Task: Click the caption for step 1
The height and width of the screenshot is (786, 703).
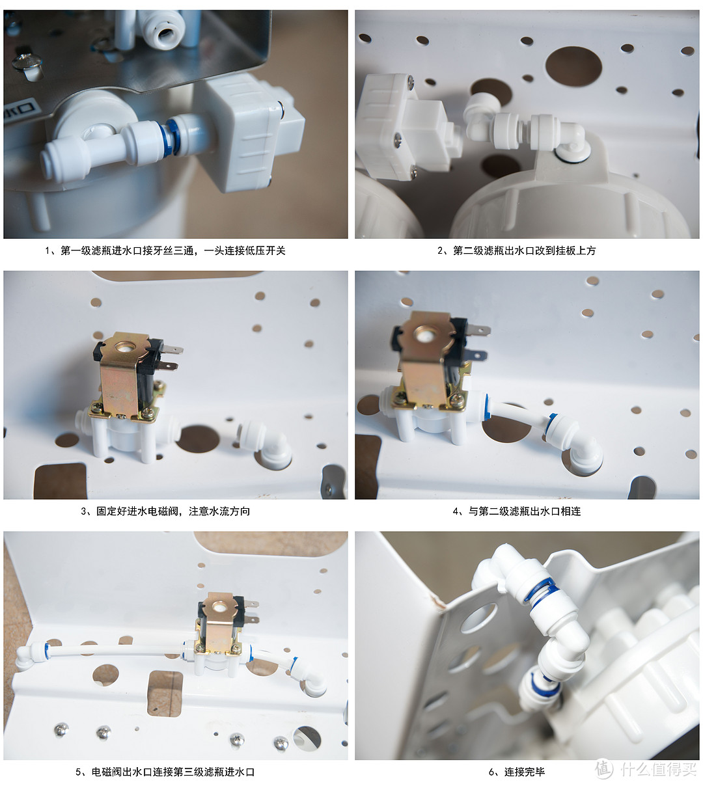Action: point(165,251)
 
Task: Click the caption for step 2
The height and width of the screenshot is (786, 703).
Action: point(516,251)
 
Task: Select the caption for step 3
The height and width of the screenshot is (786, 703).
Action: point(165,511)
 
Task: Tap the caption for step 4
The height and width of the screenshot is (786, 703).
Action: point(517,511)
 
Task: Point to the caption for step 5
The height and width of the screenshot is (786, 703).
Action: point(165,772)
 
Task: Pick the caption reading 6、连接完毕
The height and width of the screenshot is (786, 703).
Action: point(517,772)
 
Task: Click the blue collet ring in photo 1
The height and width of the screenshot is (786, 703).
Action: point(170,138)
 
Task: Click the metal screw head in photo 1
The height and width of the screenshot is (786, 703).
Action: point(27,62)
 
